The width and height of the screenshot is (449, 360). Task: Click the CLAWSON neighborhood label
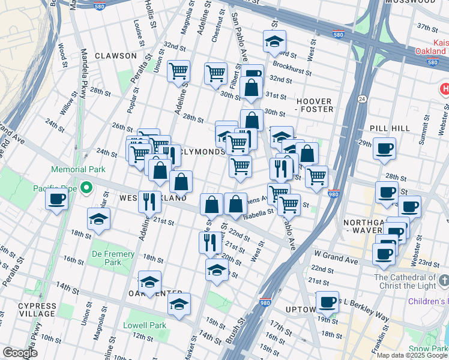115,56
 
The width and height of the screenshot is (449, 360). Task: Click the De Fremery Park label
113,258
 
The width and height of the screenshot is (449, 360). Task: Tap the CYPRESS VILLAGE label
37,310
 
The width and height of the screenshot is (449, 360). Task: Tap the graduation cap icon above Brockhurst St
274,41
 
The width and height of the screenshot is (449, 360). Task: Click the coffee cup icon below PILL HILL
384,148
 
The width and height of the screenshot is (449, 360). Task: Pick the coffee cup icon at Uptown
327,302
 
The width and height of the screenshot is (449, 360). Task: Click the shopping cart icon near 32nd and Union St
178,71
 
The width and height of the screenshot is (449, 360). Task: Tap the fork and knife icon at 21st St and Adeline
149,200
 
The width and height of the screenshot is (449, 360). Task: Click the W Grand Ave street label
334,262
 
